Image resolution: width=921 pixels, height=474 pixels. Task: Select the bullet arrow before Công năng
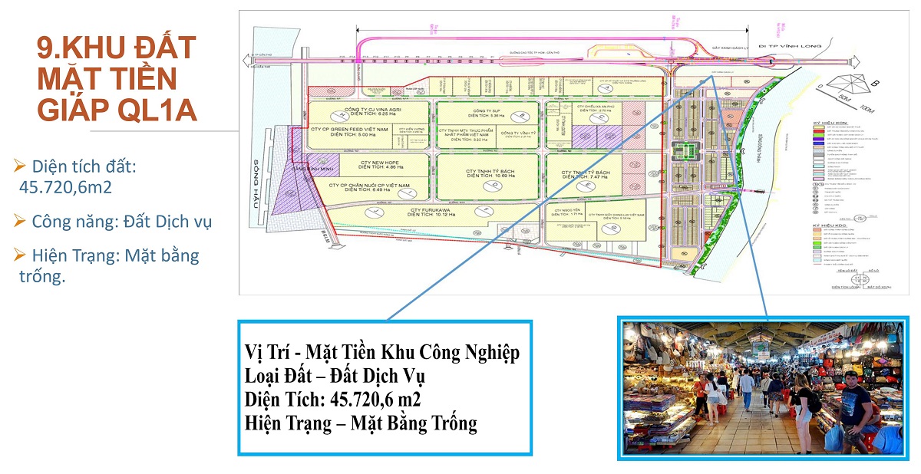(20, 222)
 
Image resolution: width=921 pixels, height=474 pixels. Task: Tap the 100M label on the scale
(867, 110)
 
